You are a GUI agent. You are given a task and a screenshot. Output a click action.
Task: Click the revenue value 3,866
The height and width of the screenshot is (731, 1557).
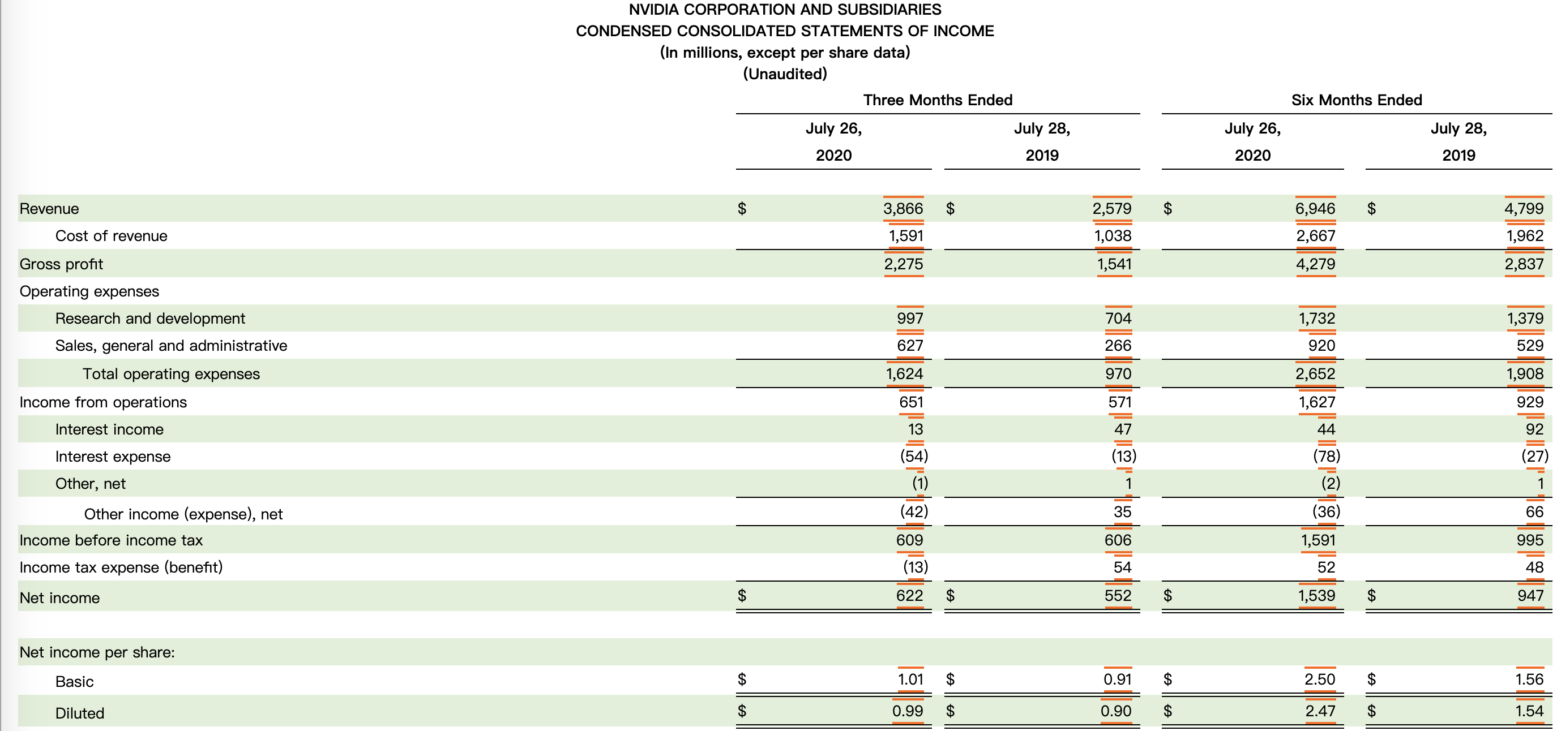[x=903, y=208]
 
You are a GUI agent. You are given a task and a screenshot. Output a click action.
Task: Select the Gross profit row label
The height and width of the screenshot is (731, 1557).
[x=61, y=264]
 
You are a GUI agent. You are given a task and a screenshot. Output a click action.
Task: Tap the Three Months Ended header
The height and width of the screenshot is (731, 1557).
[x=938, y=100]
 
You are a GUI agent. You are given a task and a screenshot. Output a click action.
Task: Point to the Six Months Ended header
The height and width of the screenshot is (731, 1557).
[x=1357, y=100]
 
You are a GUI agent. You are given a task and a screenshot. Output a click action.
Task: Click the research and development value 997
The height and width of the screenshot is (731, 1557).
[x=910, y=319]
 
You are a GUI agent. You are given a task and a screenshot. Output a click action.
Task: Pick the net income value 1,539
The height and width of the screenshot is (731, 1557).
[x=1316, y=596]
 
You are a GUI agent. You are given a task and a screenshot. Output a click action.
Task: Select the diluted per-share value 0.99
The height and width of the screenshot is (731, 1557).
[x=907, y=711]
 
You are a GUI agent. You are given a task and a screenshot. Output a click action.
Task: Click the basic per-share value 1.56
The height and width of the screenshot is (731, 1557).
[x=1529, y=680]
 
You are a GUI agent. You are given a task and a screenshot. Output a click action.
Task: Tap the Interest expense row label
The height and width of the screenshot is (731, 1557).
[x=113, y=457]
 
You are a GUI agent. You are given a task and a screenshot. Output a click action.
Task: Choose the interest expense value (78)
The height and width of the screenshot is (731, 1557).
[x=1326, y=456]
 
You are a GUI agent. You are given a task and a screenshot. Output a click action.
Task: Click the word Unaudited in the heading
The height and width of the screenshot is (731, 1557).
[x=785, y=74]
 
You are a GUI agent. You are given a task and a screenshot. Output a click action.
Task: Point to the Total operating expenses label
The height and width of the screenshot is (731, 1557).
[x=171, y=374]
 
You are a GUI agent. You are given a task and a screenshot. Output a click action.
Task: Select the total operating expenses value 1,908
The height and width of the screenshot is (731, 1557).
[x=1524, y=374]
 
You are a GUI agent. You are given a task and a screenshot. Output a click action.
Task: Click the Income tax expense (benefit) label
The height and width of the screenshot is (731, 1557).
[x=121, y=567]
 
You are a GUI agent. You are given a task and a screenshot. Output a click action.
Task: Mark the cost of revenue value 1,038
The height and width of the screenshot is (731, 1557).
[x=1112, y=235]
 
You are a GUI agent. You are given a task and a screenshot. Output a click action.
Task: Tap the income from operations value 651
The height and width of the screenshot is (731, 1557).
[x=911, y=402]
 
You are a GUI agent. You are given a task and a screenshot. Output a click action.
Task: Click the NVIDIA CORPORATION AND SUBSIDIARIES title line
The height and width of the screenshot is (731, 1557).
[x=785, y=10]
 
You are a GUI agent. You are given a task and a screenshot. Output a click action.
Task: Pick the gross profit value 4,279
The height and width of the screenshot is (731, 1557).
[x=1315, y=264]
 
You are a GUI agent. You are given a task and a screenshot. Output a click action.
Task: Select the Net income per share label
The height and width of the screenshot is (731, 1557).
[x=97, y=652]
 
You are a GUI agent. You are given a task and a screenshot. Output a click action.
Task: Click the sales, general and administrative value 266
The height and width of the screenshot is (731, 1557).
[x=1118, y=346]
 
